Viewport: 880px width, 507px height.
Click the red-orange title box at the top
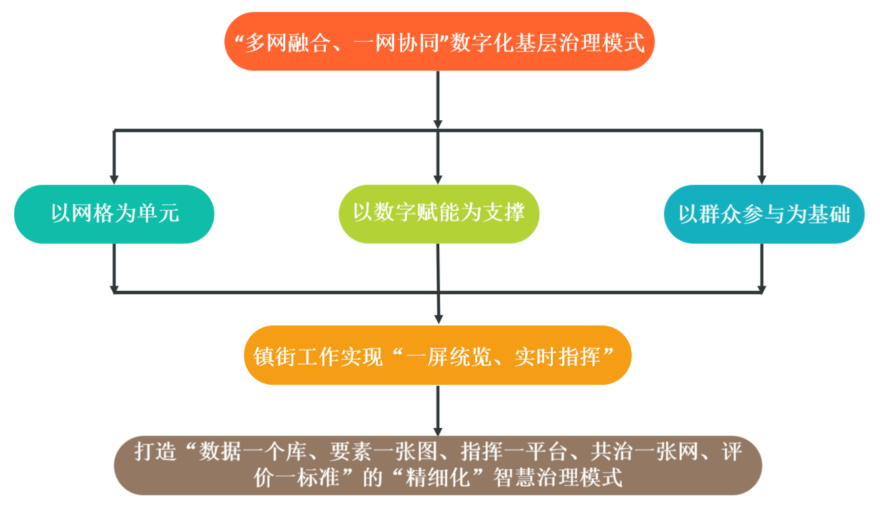[x=439, y=42]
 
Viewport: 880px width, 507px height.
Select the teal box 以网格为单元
[x=114, y=214]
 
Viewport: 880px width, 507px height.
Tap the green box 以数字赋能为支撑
[x=439, y=213]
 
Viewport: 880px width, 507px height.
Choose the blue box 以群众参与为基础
[x=764, y=214]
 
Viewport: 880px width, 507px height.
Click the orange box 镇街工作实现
[x=438, y=356]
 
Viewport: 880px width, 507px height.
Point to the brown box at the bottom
[x=438, y=465]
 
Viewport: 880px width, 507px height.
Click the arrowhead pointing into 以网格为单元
[x=114, y=179]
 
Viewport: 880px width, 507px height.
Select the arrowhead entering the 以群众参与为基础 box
[x=762, y=179]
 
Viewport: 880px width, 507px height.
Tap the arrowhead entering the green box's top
[x=438, y=179]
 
